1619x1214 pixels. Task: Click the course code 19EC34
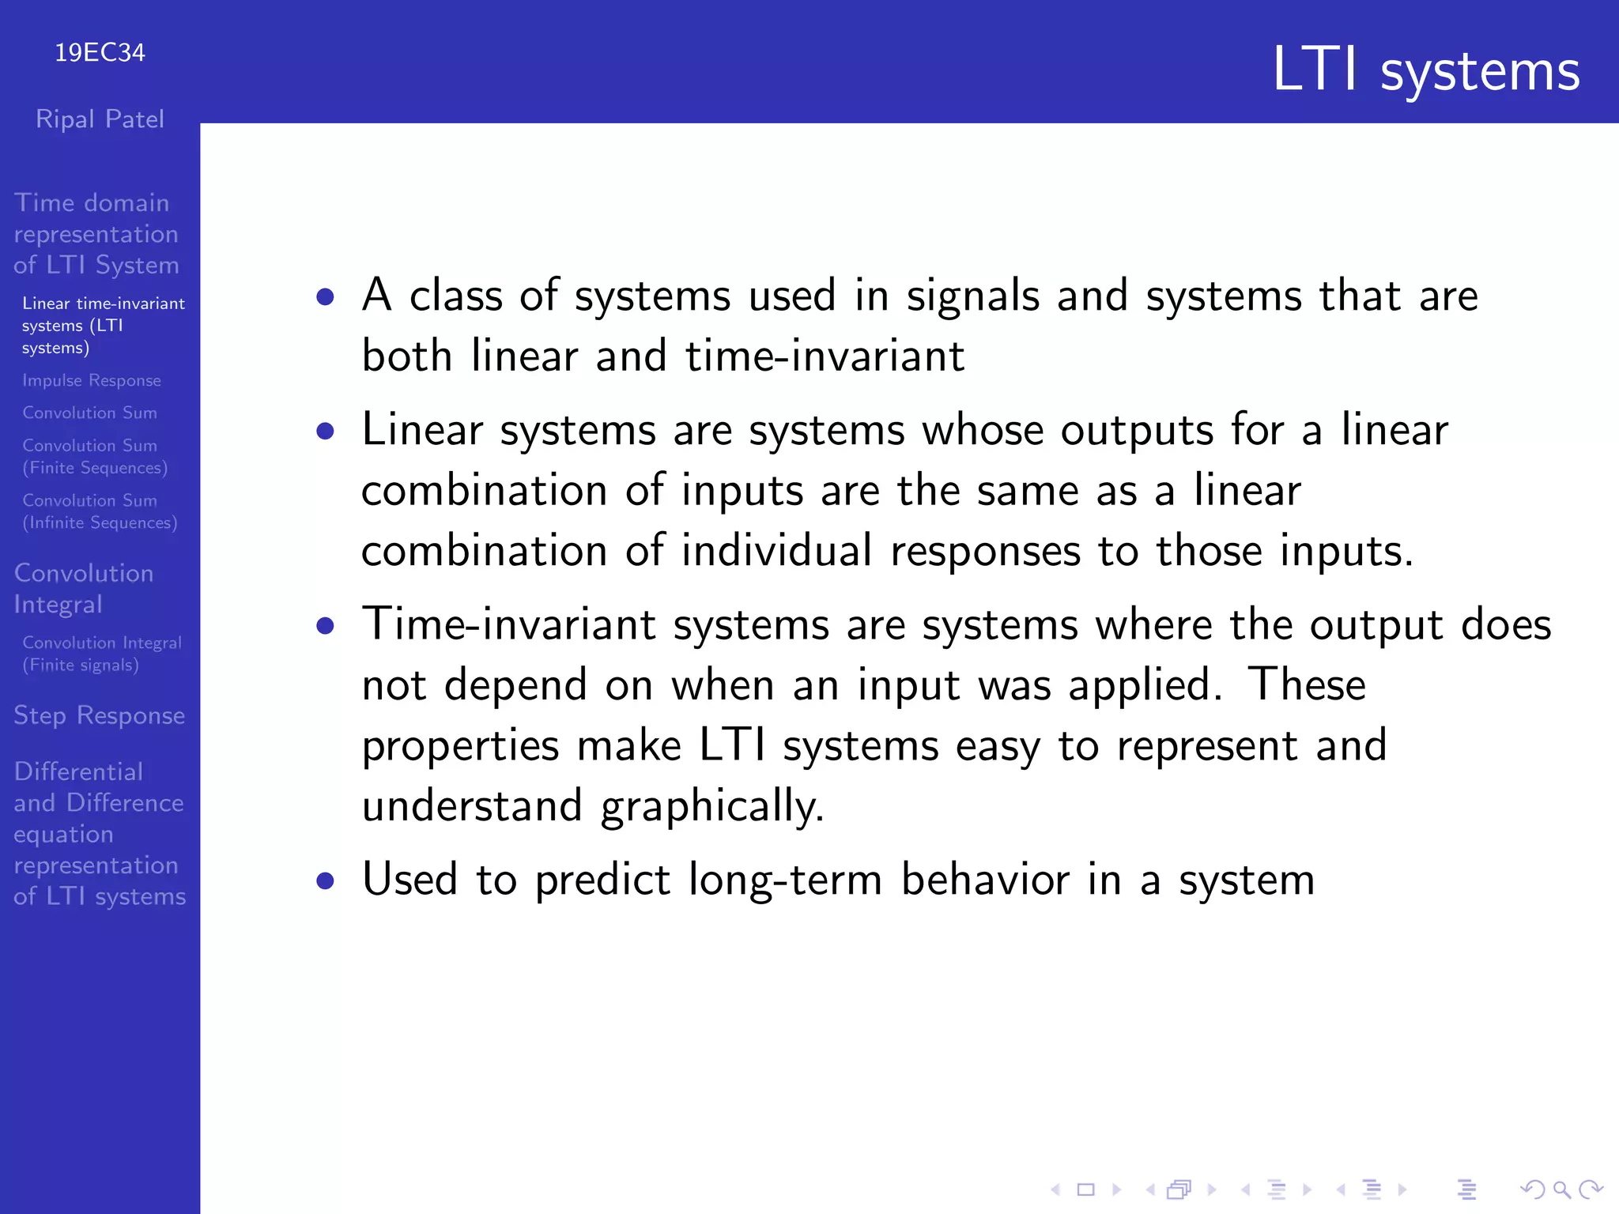point(100,53)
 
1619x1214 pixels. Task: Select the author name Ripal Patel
point(100,119)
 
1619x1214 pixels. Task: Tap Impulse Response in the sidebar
point(92,380)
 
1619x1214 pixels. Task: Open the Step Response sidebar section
point(100,715)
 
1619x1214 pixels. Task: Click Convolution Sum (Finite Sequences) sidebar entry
point(95,457)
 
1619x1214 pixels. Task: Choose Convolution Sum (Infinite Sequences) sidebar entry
point(100,511)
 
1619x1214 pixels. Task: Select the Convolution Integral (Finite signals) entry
point(101,654)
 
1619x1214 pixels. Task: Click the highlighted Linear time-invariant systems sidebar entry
point(103,325)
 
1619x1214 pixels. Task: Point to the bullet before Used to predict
point(325,880)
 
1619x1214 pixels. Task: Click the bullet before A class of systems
point(325,297)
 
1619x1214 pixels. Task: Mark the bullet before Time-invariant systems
point(325,626)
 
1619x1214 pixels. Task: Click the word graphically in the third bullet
point(711,806)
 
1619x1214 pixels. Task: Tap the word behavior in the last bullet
point(984,880)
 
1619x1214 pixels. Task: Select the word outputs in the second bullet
point(1136,432)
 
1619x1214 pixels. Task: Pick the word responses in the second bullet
point(984,551)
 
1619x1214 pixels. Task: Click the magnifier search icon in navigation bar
point(1561,1189)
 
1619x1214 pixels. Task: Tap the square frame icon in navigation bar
point(1086,1189)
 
